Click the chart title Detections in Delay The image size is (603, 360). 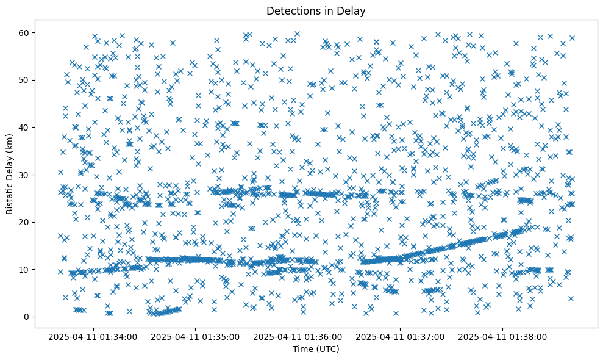(316, 10)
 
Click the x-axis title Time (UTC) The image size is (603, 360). (316, 349)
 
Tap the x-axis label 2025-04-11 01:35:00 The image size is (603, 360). (196, 336)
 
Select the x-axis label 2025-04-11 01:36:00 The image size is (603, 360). (299, 336)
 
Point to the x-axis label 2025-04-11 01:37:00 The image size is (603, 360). (401, 336)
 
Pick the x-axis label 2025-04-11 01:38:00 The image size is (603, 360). (503, 336)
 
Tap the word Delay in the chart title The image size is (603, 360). (353, 10)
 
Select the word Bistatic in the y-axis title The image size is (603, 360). (10, 196)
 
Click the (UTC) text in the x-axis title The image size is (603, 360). (327, 349)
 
